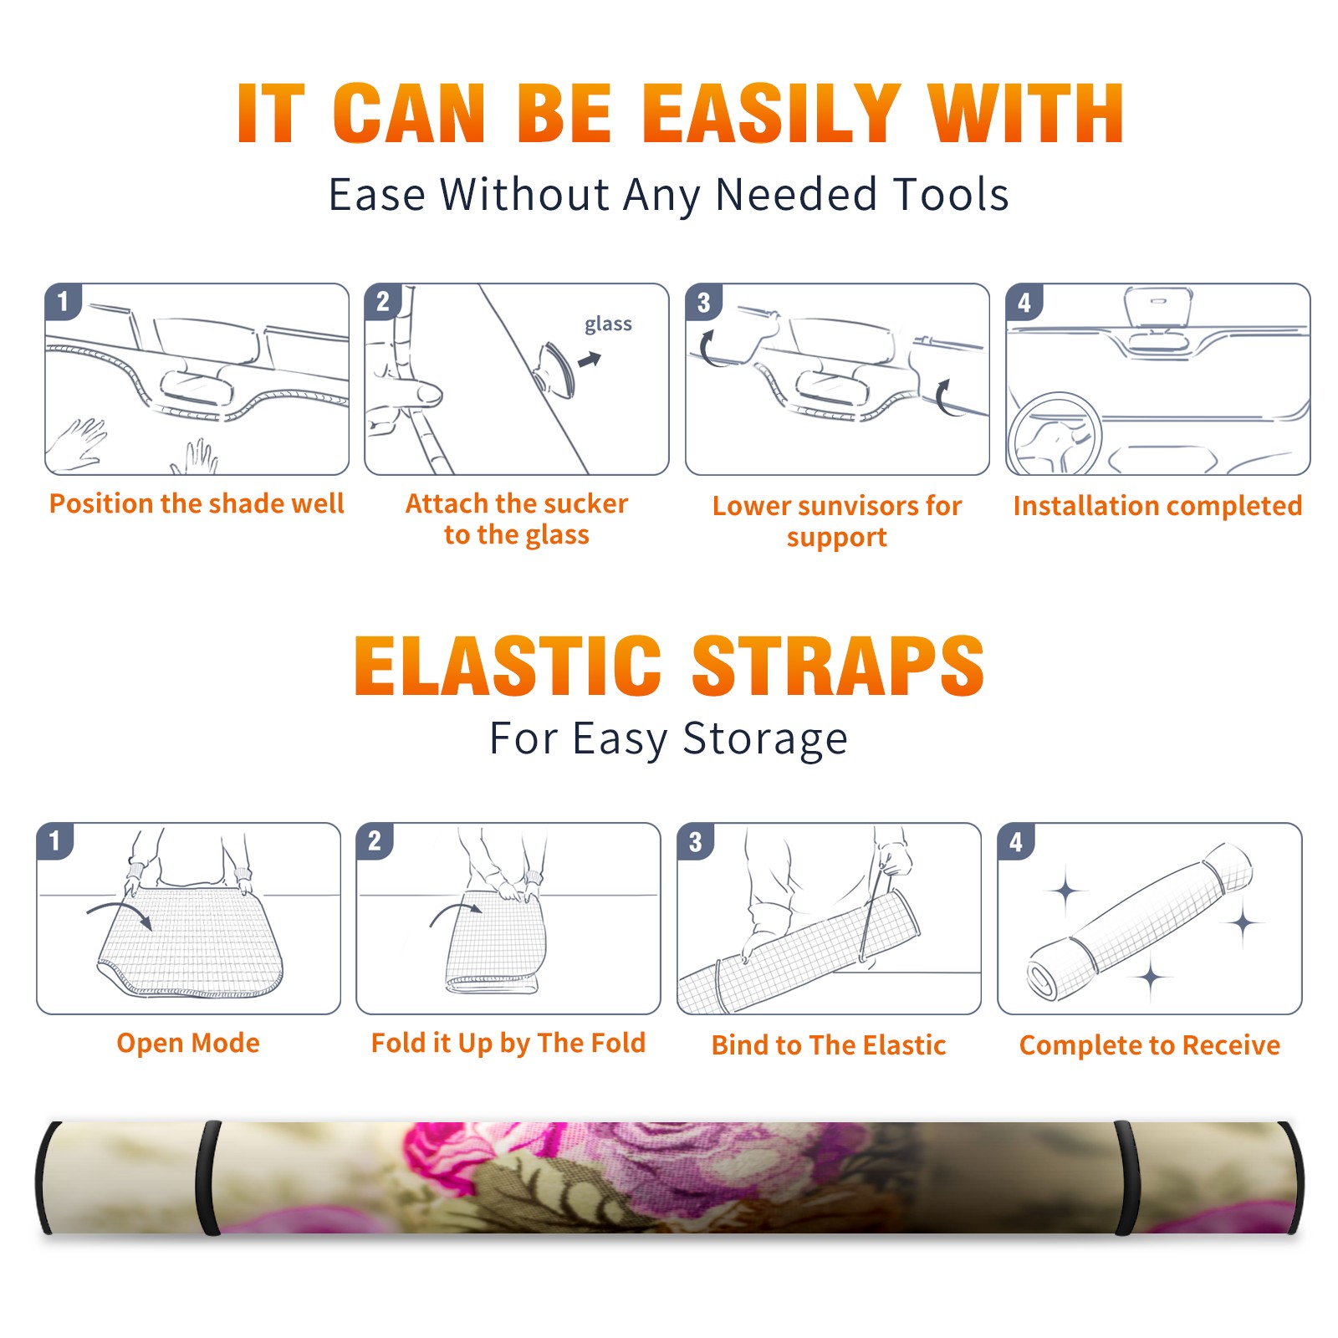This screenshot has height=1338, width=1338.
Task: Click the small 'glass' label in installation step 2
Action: pyautogui.click(x=608, y=324)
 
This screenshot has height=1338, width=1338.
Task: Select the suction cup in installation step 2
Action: pyautogui.click(x=557, y=369)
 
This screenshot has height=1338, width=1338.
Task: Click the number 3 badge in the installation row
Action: pyautogui.click(x=704, y=303)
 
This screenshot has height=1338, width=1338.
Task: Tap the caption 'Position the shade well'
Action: pyautogui.click(x=197, y=503)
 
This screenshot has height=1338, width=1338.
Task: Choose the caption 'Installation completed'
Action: pyautogui.click(x=1157, y=506)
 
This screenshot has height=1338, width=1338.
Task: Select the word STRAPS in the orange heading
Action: pyautogui.click(x=838, y=666)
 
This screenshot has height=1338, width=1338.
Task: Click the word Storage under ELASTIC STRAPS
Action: pyautogui.click(x=765, y=739)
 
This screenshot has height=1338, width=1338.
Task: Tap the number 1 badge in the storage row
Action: pyautogui.click(x=55, y=841)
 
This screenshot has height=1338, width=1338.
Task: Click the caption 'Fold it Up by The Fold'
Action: pyautogui.click(x=508, y=1043)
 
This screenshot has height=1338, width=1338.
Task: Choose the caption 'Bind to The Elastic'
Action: pyautogui.click(x=828, y=1045)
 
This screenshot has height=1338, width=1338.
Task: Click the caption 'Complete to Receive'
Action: pyautogui.click(x=1149, y=1045)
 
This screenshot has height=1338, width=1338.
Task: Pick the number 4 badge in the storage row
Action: pyautogui.click(x=1016, y=841)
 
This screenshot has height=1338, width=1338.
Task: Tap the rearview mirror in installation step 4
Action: pyautogui.click(x=1158, y=309)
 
